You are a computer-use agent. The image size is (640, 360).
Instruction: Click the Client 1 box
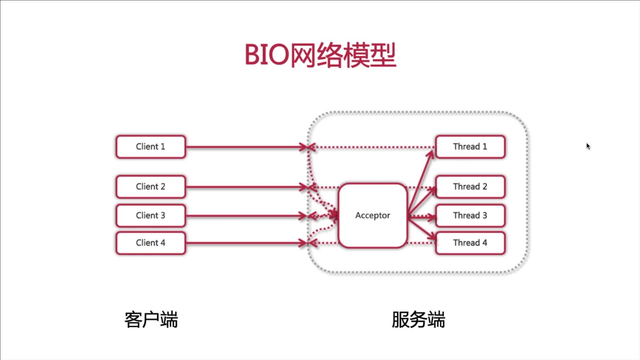coord(151,147)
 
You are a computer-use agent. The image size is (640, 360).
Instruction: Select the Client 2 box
coord(151,187)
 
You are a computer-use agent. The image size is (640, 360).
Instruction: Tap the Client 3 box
coord(151,216)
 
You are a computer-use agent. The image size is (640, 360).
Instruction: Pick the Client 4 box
coord(151,243)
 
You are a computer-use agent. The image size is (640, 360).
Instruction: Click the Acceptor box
coord(373,216)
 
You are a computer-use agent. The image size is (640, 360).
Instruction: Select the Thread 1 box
coord(470,147)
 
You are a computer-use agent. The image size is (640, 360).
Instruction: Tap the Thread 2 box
coord(470,187)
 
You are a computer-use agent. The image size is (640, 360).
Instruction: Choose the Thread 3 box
coord(470,216)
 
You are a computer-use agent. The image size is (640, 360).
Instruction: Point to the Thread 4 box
coord(470,243)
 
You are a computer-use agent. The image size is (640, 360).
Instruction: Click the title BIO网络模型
coord(320,55)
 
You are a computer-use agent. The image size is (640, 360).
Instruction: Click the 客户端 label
coord(151,320)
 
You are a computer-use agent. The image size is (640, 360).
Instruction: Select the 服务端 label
coord(418,320)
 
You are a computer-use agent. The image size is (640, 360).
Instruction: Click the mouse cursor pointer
coord(588,146)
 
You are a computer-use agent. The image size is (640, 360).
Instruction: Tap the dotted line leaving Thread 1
coord(373,147)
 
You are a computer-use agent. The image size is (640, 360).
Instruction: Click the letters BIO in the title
coord(267,55)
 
